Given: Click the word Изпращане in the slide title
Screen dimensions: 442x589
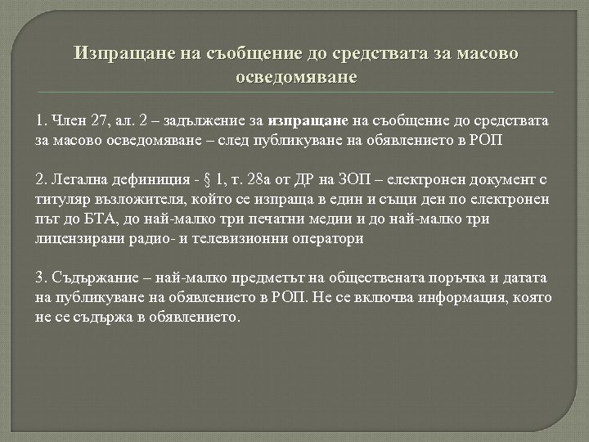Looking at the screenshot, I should (114, 55).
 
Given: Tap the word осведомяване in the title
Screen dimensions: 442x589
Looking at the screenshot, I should (294, 78).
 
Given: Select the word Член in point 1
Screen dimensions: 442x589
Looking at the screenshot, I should (68, 121).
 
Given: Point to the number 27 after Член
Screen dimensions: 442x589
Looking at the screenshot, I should (101, 121).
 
